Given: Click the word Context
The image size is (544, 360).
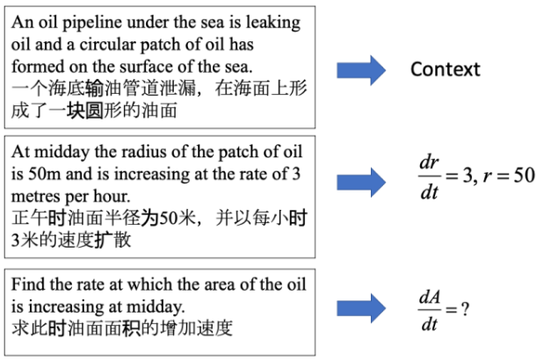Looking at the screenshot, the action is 445,69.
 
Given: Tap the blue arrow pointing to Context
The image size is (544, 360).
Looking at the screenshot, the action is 361,70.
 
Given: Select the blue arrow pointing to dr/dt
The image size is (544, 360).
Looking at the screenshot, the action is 361,183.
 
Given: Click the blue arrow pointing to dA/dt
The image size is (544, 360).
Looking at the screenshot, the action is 361,308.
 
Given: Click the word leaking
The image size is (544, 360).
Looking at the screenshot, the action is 273,24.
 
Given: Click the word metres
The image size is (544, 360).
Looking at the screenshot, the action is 36,197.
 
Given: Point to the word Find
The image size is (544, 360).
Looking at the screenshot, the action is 28,284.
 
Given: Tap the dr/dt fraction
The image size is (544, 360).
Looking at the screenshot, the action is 429,176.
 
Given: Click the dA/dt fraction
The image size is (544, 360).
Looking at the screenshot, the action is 430,310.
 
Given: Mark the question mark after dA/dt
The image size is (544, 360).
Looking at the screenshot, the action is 465,308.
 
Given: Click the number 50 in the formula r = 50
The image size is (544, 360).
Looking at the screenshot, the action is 524,176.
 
